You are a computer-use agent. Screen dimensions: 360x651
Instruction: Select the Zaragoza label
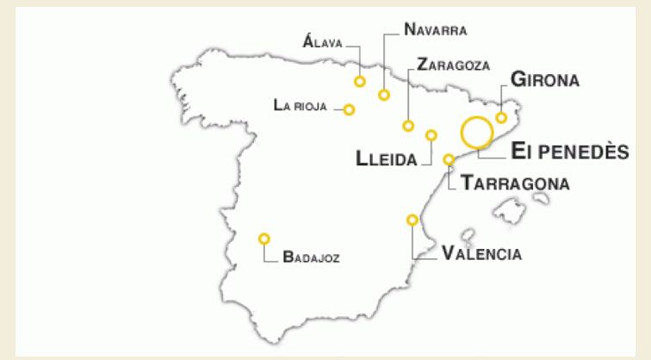pos(452,65)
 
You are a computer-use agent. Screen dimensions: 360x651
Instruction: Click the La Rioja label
pos(301,105)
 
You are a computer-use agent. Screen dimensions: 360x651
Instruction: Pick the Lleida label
pos(387,158)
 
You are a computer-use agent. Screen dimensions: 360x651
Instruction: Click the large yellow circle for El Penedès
pos(476,133)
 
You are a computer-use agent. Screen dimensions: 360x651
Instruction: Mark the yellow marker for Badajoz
pos(264,239)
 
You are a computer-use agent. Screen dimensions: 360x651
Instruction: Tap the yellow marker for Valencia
pos(412,220)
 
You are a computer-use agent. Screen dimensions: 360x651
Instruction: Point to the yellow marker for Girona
pos(501,118)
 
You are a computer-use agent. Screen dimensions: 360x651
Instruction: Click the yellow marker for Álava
pos(359,81)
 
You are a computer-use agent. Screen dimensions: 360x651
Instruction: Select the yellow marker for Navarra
pos(384,94)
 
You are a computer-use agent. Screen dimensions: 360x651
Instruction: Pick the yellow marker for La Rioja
pos(349,109)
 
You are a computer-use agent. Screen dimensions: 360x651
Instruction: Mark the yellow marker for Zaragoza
pos(408,126)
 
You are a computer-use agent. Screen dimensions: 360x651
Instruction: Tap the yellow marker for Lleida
pos(431,135)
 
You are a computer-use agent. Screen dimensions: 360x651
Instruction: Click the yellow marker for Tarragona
pos(449,159)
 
